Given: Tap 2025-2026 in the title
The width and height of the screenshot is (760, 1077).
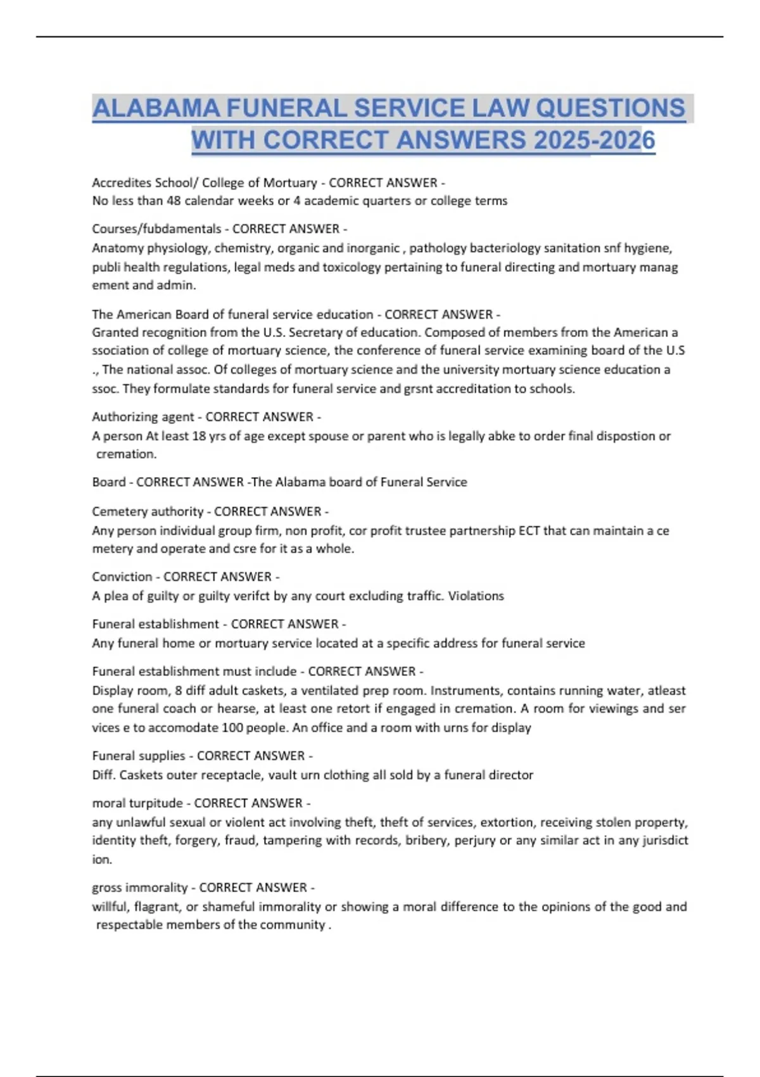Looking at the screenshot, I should (x=594, y=140).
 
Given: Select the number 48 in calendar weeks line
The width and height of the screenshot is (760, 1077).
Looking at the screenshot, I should (x=174, y=201).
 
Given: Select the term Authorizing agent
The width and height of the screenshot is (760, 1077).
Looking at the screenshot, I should (x=143, y=417).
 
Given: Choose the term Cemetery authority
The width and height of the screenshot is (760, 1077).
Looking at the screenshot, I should (x=148, y=511).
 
